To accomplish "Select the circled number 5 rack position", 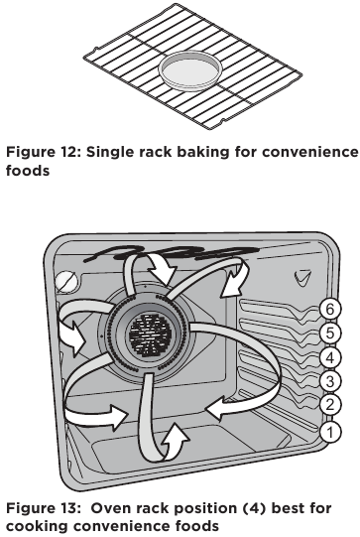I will [332, 334].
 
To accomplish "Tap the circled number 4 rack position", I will [332, 357].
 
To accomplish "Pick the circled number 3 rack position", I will [332, 381].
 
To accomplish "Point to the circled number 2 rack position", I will [332, 406].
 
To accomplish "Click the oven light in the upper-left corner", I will [65, 282].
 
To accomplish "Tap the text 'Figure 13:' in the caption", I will [41, 507].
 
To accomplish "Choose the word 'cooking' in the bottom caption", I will [37, 525].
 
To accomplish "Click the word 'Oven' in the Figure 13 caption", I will [107, 507].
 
